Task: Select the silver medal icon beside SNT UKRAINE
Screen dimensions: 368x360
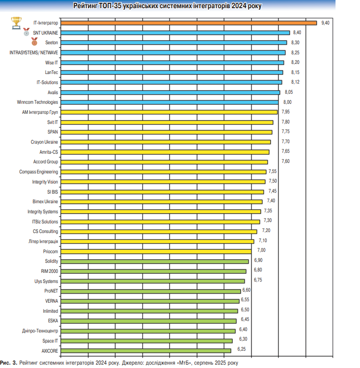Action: [x=26, y=33]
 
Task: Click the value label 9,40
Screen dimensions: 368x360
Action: [x=326, y=23]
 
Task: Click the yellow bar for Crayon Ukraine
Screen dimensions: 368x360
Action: [x=165, y=142]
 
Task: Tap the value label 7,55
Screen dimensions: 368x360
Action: [x=273, y=172]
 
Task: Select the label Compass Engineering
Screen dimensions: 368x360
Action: [x=38, y=172]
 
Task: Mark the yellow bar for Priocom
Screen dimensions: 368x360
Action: [x=156, y=251]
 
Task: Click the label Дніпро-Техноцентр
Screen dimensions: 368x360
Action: [x=40, y=331]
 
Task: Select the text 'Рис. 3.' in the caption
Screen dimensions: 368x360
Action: [x=8, y=362]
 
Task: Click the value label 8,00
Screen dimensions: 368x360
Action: [x=288, y=102]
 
